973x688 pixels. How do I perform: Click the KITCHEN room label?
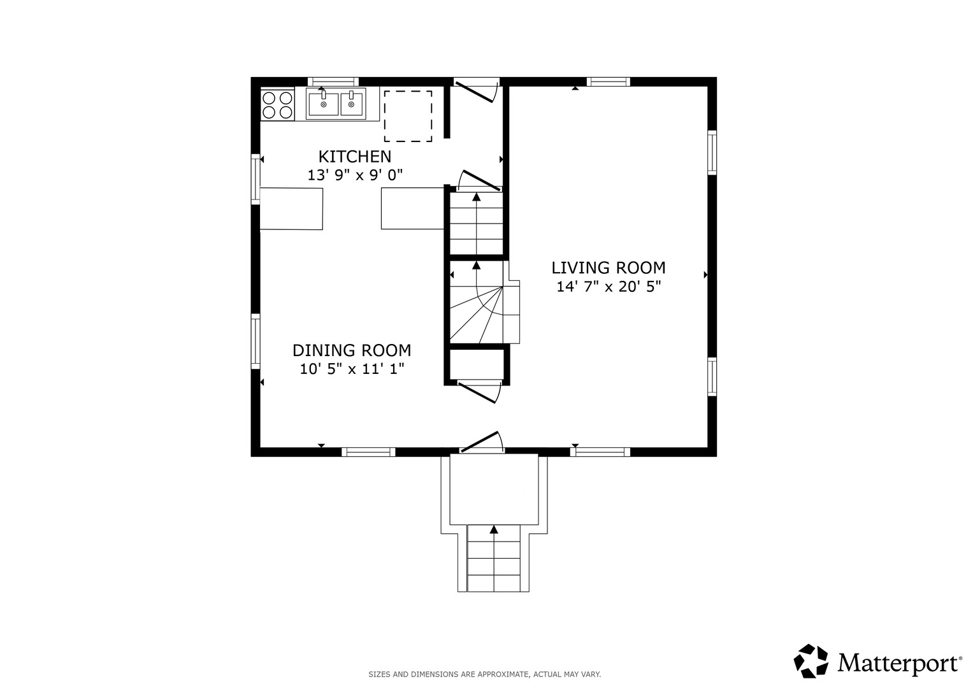pyautogui.click(x=355, y=156)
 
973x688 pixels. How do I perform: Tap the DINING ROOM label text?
pyautogui.click(x=351, y=350)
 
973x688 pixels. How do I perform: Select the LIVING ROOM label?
pyautogui.click(x=608, y=268)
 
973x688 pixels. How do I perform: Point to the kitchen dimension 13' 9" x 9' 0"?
pyautogui.click(x=355, y=175)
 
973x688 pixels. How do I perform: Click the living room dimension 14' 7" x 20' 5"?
pyautogui.click(x=609, y=287)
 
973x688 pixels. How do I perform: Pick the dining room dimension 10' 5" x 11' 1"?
pyautogui.click(x=352, y=369)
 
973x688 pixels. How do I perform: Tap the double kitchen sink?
pyautogui.click(x=336, y=103)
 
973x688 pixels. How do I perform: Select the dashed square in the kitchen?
pyautogui.click(x=408, y=116)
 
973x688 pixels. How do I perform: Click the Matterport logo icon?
pyautogui.click(x=811, y=661)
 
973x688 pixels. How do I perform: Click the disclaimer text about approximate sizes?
pyautogui.click(x=485, y=674)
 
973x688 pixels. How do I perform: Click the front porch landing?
pyautogui.click(x=494, y=489)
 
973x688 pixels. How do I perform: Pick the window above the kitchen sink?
pyautogui.click(x=333, y=82)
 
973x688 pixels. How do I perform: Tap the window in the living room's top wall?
pyautogui.click(x=608, y=82)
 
